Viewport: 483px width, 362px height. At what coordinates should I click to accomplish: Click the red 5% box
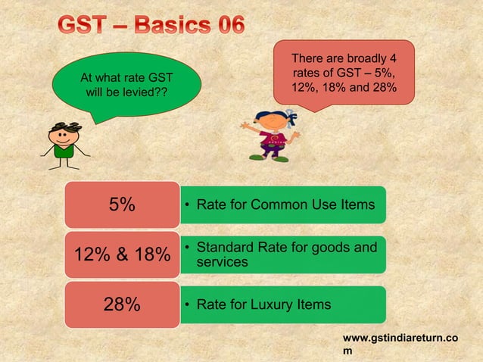pyautogui.click(x=121, y=204)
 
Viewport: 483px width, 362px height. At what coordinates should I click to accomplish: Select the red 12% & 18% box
pyautogui.click(x=121, y=254)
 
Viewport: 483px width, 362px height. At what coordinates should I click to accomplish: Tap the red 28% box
pyautogui.click(x=121, y=304)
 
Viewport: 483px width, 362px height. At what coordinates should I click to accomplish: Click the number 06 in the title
pyautogui.click(x=220, y=24)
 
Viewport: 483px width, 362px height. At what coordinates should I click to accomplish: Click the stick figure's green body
pyautogui.click(x=62, y=154)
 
